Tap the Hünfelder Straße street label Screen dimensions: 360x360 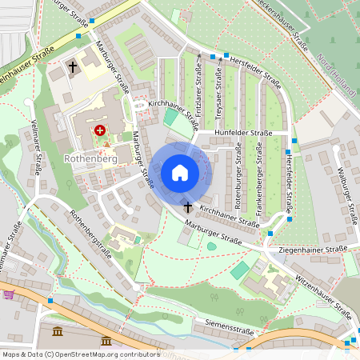243,134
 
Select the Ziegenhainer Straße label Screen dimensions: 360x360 313,250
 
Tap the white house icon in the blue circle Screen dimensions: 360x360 179,173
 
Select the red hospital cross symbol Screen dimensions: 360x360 100,130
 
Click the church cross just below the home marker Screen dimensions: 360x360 187,207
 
